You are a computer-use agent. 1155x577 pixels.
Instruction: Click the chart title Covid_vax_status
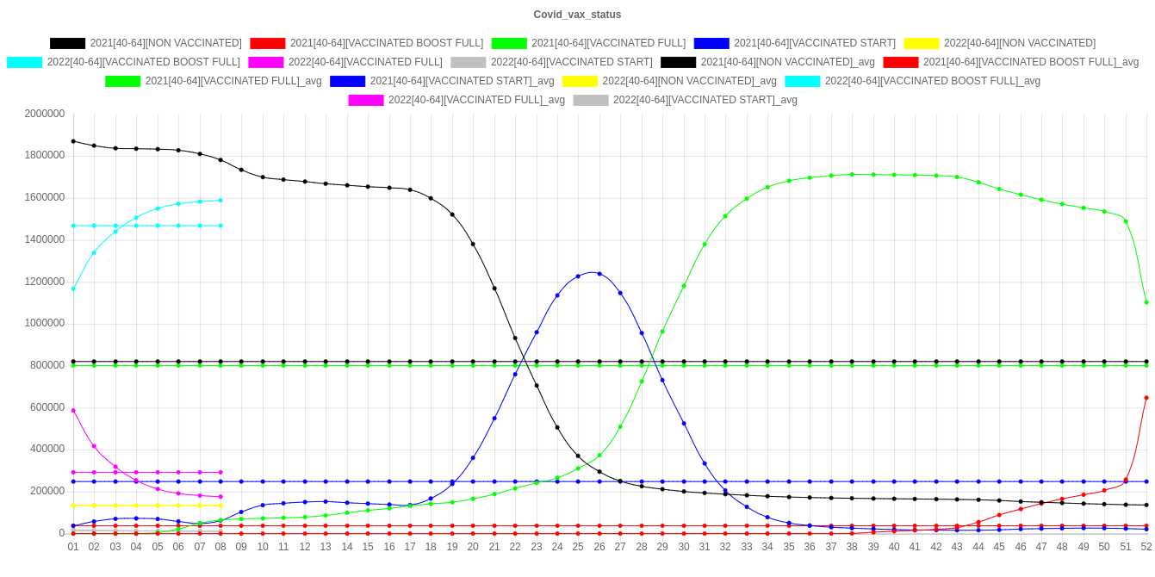pyautogui.click(x=577, y=15)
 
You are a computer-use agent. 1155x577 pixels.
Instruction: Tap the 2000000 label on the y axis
pyautogui.click(x=45, y=113)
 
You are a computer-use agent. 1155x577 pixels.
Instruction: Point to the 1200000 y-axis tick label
pyautogui.click(x=45, y=282)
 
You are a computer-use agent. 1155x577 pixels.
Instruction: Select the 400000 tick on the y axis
pyautogui.click(x=47, y=449)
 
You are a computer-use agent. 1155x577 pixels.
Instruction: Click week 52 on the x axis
pyautogui.click(x=1146, y=547)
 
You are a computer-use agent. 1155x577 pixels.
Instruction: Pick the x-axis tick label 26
pyautogui.click(x=599, y=547)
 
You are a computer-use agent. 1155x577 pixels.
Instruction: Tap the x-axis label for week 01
pyautogui.click(x=73, y=547)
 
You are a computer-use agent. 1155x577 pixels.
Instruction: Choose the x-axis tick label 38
pyautogui.click(x=852, y=547)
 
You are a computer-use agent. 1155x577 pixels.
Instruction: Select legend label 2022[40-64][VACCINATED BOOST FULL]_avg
pyautogui.click(x=933, y=81)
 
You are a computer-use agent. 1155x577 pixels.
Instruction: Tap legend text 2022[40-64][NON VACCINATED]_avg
pyautogui.click(x=689, y=81)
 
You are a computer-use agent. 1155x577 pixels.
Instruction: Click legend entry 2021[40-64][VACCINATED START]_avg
pyautogui.click(x=462, y=81)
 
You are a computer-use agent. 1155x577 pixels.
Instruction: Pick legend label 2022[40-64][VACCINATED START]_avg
pyautogui.click(x=705, y=100)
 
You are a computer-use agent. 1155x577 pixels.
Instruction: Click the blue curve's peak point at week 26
pyautogui.click(x=599, y=274)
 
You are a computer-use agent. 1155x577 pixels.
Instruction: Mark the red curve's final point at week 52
pyautogui.click(x=1146, y=398)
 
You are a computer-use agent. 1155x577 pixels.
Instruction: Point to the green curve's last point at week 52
pyautogui.click(x=1146, y=302)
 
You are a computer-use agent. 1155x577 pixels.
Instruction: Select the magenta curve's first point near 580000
pyautogui.click(x=73, y=411)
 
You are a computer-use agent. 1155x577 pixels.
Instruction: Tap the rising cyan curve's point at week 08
pyautogui.click(x=220, y=201)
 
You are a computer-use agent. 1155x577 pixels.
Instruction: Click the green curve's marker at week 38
pyautogui.click(x=852, y=175)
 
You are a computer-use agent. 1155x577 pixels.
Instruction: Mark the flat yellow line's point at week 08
pyautogui.click(x=220, y=506)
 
